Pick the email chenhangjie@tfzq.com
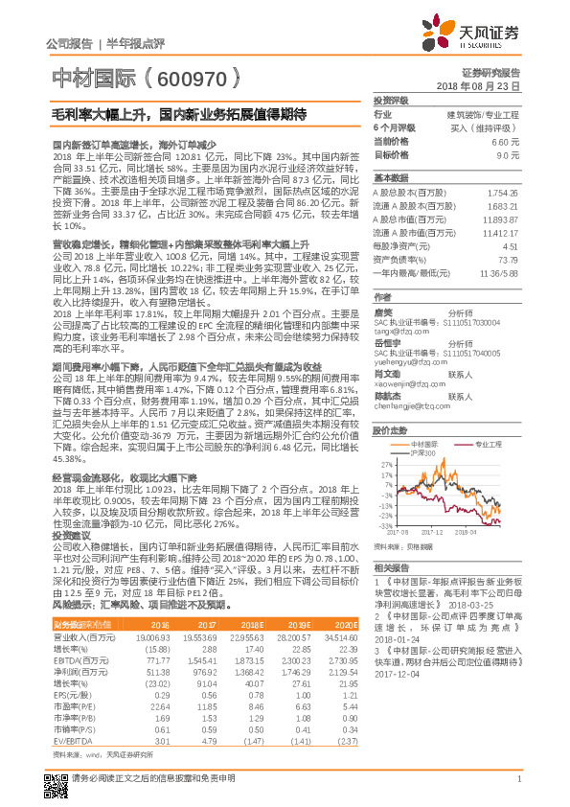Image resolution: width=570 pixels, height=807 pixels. pyautogui.click(x=412, y=380)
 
